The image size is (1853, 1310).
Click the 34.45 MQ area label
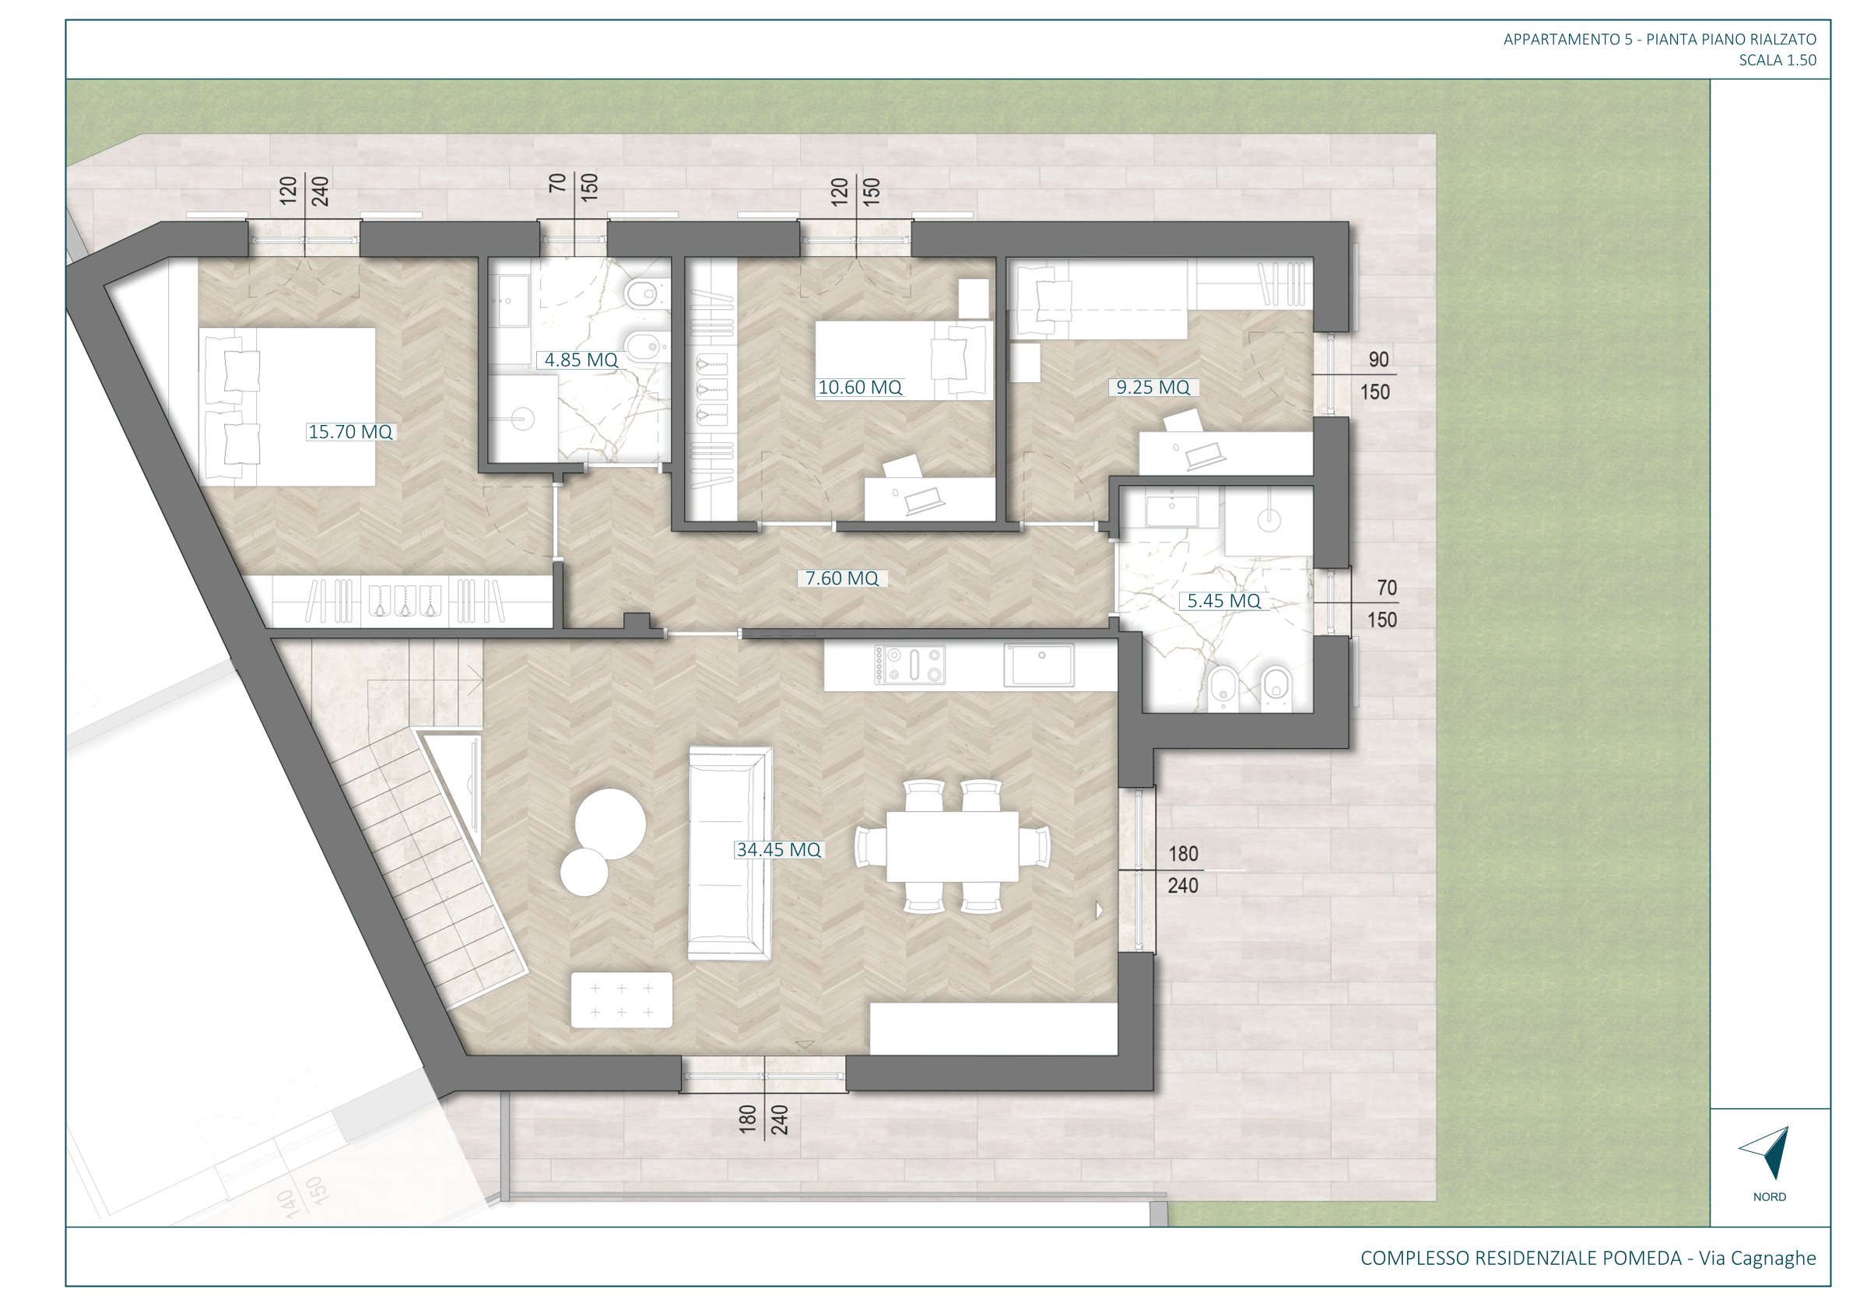tap(778, 849)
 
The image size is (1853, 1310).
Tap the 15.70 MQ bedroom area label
tap(350, 432)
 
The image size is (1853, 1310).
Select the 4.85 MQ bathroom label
tap(581, 360)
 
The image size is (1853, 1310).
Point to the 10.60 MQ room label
tap(859, 388)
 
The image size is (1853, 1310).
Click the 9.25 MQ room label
tap(1153, 388)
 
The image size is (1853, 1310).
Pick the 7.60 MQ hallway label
tap(842, 578)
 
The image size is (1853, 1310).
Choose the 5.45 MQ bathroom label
tap(1223, 601)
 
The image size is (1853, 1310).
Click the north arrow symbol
tap(1767, 1153)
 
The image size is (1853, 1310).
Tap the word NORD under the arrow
tap(1769, 1197)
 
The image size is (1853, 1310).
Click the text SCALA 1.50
tap(1778, 60)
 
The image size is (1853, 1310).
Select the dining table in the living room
tap(953, 847)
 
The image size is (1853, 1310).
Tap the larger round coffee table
tap(609, 824)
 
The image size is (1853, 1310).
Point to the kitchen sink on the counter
tap(1039, 665)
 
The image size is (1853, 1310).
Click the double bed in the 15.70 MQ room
tap(287, 407)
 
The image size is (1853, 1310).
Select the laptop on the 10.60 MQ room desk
tap(925, 501)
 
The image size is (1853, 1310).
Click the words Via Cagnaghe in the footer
tap(1758, 1258)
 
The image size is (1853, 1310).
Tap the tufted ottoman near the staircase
tap(622, 1000)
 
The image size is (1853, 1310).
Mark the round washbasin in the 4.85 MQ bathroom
tap(522, 420)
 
